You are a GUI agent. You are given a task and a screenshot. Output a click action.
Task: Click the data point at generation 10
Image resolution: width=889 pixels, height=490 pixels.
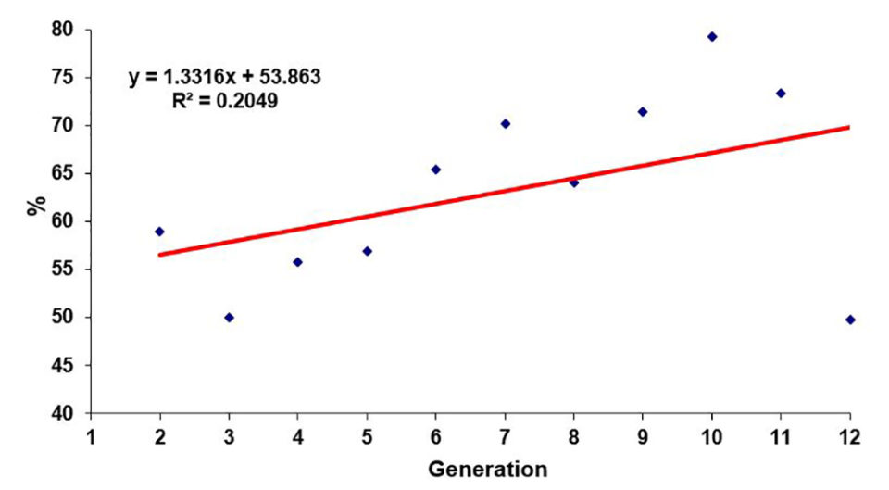click(712, 37)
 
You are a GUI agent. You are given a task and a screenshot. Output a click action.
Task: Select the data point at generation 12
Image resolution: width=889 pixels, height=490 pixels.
click(850, 320)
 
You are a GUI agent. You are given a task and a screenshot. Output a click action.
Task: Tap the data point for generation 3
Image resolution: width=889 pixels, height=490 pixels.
click(229, 318)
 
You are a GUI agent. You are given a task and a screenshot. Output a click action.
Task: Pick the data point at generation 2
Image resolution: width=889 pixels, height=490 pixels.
click(159, 232)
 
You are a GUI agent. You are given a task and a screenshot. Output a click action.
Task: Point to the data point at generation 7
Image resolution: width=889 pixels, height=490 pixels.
click(506, 123)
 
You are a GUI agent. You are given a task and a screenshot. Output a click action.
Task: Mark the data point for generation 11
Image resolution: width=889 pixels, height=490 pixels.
click(781, 94)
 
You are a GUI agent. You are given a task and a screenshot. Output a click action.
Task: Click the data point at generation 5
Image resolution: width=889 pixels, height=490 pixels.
click(367, 251)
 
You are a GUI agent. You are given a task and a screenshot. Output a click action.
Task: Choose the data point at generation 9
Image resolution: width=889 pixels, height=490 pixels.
click(643, 112)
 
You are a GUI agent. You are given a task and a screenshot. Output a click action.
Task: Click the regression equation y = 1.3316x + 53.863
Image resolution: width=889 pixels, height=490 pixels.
click(225, 77)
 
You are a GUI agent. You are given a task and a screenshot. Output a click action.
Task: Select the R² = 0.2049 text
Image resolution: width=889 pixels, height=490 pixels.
click(225, 100)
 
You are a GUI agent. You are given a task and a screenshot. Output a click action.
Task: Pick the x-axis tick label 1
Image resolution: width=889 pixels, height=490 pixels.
click(91, 436)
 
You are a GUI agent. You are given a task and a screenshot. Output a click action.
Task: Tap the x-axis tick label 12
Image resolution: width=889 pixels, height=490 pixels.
click(849, 436)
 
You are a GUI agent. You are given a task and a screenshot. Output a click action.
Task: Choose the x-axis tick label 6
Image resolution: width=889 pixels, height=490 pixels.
click(436, 436)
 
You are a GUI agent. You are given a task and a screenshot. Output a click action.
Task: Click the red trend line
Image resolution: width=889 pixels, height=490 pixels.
click(505, 190)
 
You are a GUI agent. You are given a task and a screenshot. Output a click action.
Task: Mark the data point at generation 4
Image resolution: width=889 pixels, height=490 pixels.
click(297, 262)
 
